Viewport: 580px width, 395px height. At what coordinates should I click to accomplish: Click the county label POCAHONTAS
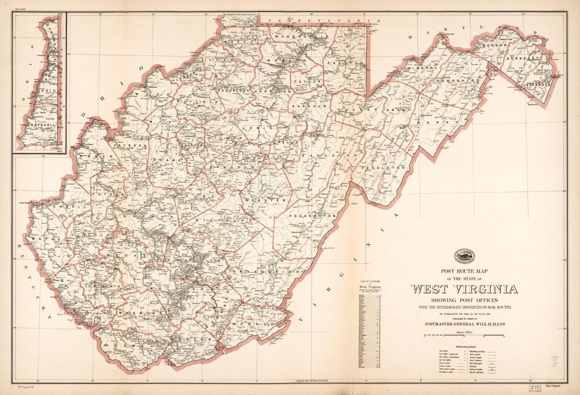pos(312,217)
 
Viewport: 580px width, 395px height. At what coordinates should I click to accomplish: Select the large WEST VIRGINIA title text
pos(464,289)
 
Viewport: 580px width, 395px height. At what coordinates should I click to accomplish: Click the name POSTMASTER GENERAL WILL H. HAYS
pos(465,324)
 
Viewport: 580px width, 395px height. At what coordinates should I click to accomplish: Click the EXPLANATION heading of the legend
pos(464,346)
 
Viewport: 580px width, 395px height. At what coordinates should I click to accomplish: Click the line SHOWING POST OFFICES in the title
pos(464,300)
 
